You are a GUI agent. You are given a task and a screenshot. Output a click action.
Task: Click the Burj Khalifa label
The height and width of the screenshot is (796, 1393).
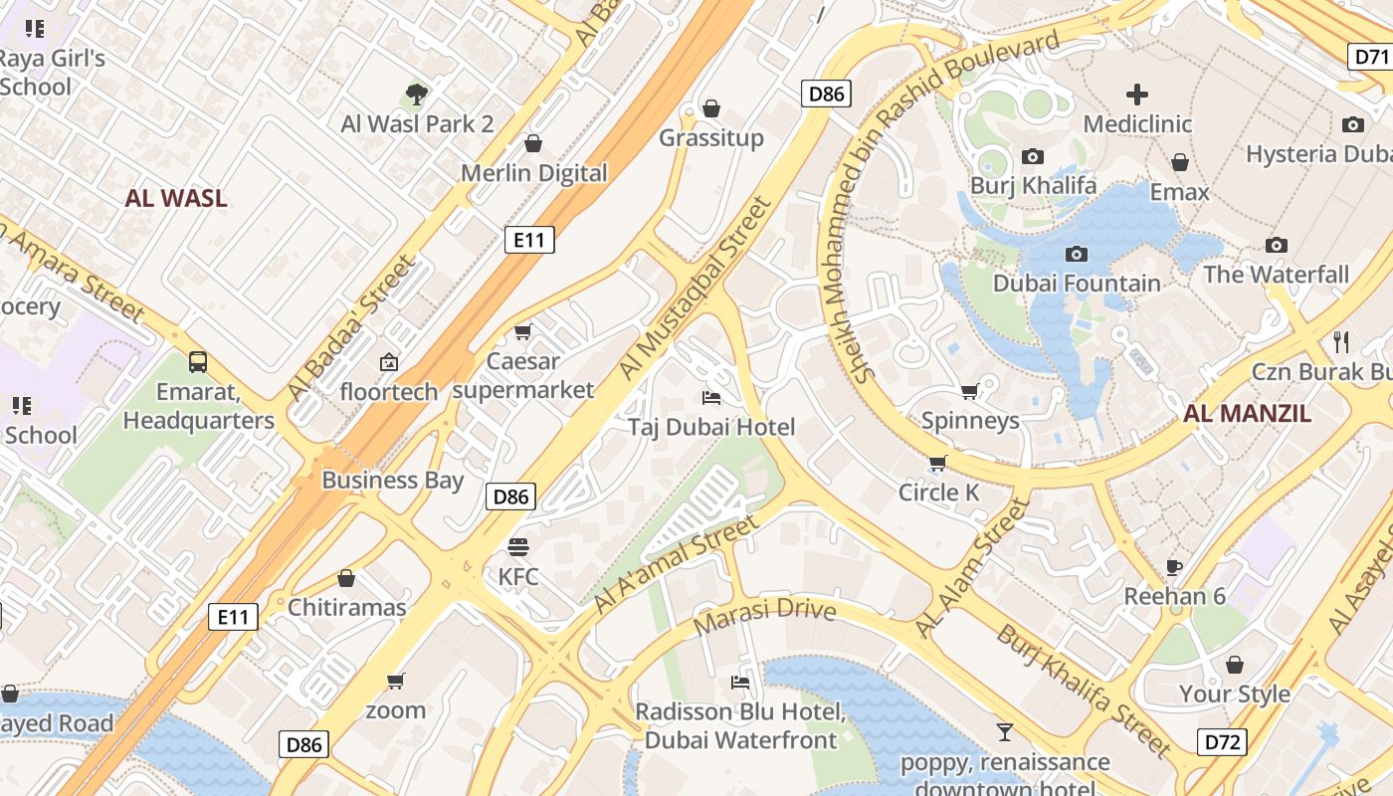(1033, 185)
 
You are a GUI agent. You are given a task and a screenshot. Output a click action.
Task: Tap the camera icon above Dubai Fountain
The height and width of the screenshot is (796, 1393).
(1076, 254)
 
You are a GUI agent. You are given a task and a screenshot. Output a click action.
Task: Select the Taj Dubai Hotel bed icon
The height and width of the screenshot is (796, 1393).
(711, 398)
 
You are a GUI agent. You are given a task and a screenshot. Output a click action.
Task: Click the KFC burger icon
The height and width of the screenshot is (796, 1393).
(517, 546)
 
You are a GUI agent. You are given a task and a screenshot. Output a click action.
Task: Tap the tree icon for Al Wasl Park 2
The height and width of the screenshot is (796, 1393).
(417, 95)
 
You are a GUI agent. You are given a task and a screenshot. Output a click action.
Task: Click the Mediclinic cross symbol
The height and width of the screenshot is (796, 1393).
(1136, 95)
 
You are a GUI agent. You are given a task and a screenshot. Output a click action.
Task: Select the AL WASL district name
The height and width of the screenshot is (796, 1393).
(176, 198)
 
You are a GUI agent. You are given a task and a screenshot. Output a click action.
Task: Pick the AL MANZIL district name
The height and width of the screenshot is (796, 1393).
(1247, 414)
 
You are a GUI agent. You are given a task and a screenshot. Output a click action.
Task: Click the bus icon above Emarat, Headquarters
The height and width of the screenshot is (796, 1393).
(198, 361)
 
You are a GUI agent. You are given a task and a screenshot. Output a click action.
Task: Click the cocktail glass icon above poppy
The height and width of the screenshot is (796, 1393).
(1004, 732)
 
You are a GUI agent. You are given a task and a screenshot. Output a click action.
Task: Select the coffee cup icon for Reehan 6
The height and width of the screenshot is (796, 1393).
(1174, 567)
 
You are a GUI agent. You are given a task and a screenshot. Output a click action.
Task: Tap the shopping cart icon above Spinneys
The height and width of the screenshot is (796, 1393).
(969, 391)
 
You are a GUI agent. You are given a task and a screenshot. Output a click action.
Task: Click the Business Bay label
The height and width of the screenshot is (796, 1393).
(392, 481)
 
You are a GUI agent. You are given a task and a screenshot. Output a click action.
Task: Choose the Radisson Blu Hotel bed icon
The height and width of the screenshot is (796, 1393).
(740, 682)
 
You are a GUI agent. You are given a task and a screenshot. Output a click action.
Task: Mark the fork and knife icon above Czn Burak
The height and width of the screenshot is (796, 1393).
(1340, 342)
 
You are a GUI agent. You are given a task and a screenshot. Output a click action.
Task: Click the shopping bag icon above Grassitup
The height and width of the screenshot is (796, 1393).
(710, 108)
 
